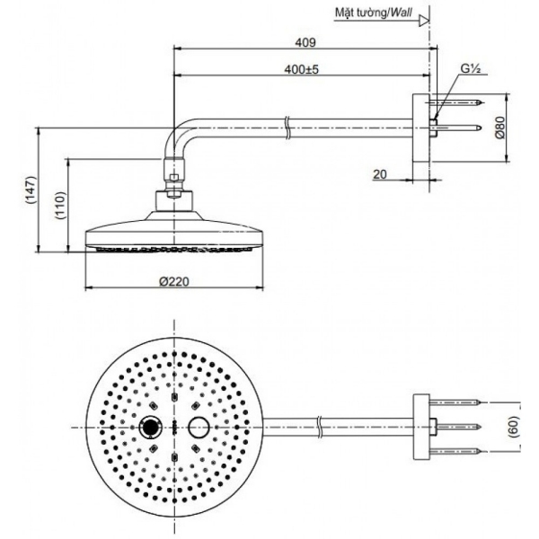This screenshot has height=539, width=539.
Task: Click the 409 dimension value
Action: [305, 42]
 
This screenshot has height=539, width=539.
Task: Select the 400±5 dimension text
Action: [302, 69]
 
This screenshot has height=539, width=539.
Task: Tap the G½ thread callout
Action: [470, 69]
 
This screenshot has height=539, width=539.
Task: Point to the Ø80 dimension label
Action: [500, 128]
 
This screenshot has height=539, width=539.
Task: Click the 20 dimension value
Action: [379, 174]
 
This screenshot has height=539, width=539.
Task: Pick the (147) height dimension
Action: [31, 190]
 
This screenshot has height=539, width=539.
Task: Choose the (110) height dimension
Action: [60, 206]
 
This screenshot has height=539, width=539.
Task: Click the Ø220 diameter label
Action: [174, 281]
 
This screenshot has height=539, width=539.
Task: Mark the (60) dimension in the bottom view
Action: [514, 427]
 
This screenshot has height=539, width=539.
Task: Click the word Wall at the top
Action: [401, 13]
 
